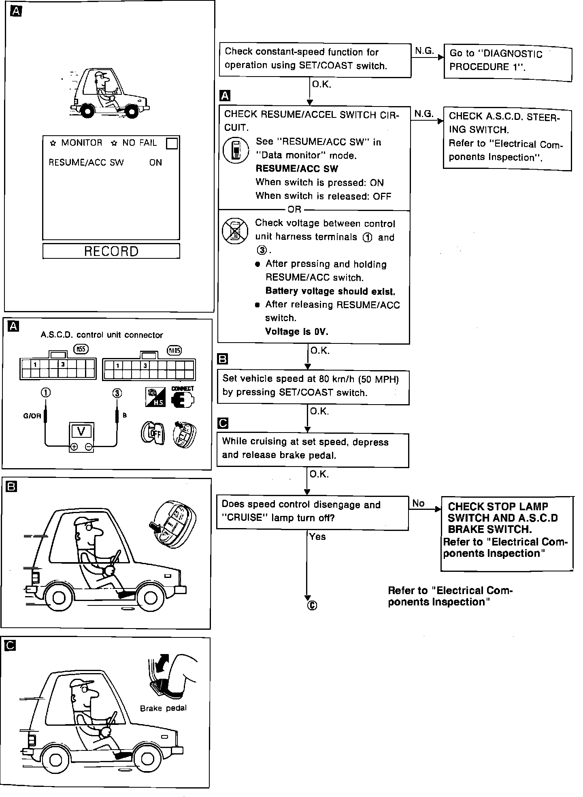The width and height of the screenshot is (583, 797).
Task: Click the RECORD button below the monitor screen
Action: [x=111, y=251]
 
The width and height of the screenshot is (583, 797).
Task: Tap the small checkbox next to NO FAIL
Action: [x=172, y=144]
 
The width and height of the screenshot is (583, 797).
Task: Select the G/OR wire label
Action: [x=32, y=416]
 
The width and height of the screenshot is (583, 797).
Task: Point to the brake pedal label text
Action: [x=163, y=708]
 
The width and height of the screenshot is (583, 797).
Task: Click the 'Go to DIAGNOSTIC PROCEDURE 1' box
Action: [x=508, y=63]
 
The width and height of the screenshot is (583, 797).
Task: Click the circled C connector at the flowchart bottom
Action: [x=312, y=605]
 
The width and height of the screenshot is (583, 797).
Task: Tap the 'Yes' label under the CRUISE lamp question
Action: [x=317, y=537]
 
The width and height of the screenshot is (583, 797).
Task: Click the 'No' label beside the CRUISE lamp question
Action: [x=418, y=503]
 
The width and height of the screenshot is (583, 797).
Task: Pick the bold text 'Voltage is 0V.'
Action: [x=296, y=332]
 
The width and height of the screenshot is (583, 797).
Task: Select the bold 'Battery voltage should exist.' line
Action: [x=330, y=291]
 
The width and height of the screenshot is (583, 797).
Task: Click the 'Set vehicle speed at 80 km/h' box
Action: [x=313, y=387]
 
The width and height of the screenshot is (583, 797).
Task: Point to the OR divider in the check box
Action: [x=294, y=210]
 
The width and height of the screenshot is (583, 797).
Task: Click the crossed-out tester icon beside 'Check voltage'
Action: [x=235, y=231]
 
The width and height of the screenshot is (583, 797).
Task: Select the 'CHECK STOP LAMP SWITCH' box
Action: [x=507, y=533]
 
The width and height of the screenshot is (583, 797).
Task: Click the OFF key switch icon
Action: [x=153, y=433]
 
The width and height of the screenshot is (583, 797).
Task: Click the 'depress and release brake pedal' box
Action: [x=313, y=450]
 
